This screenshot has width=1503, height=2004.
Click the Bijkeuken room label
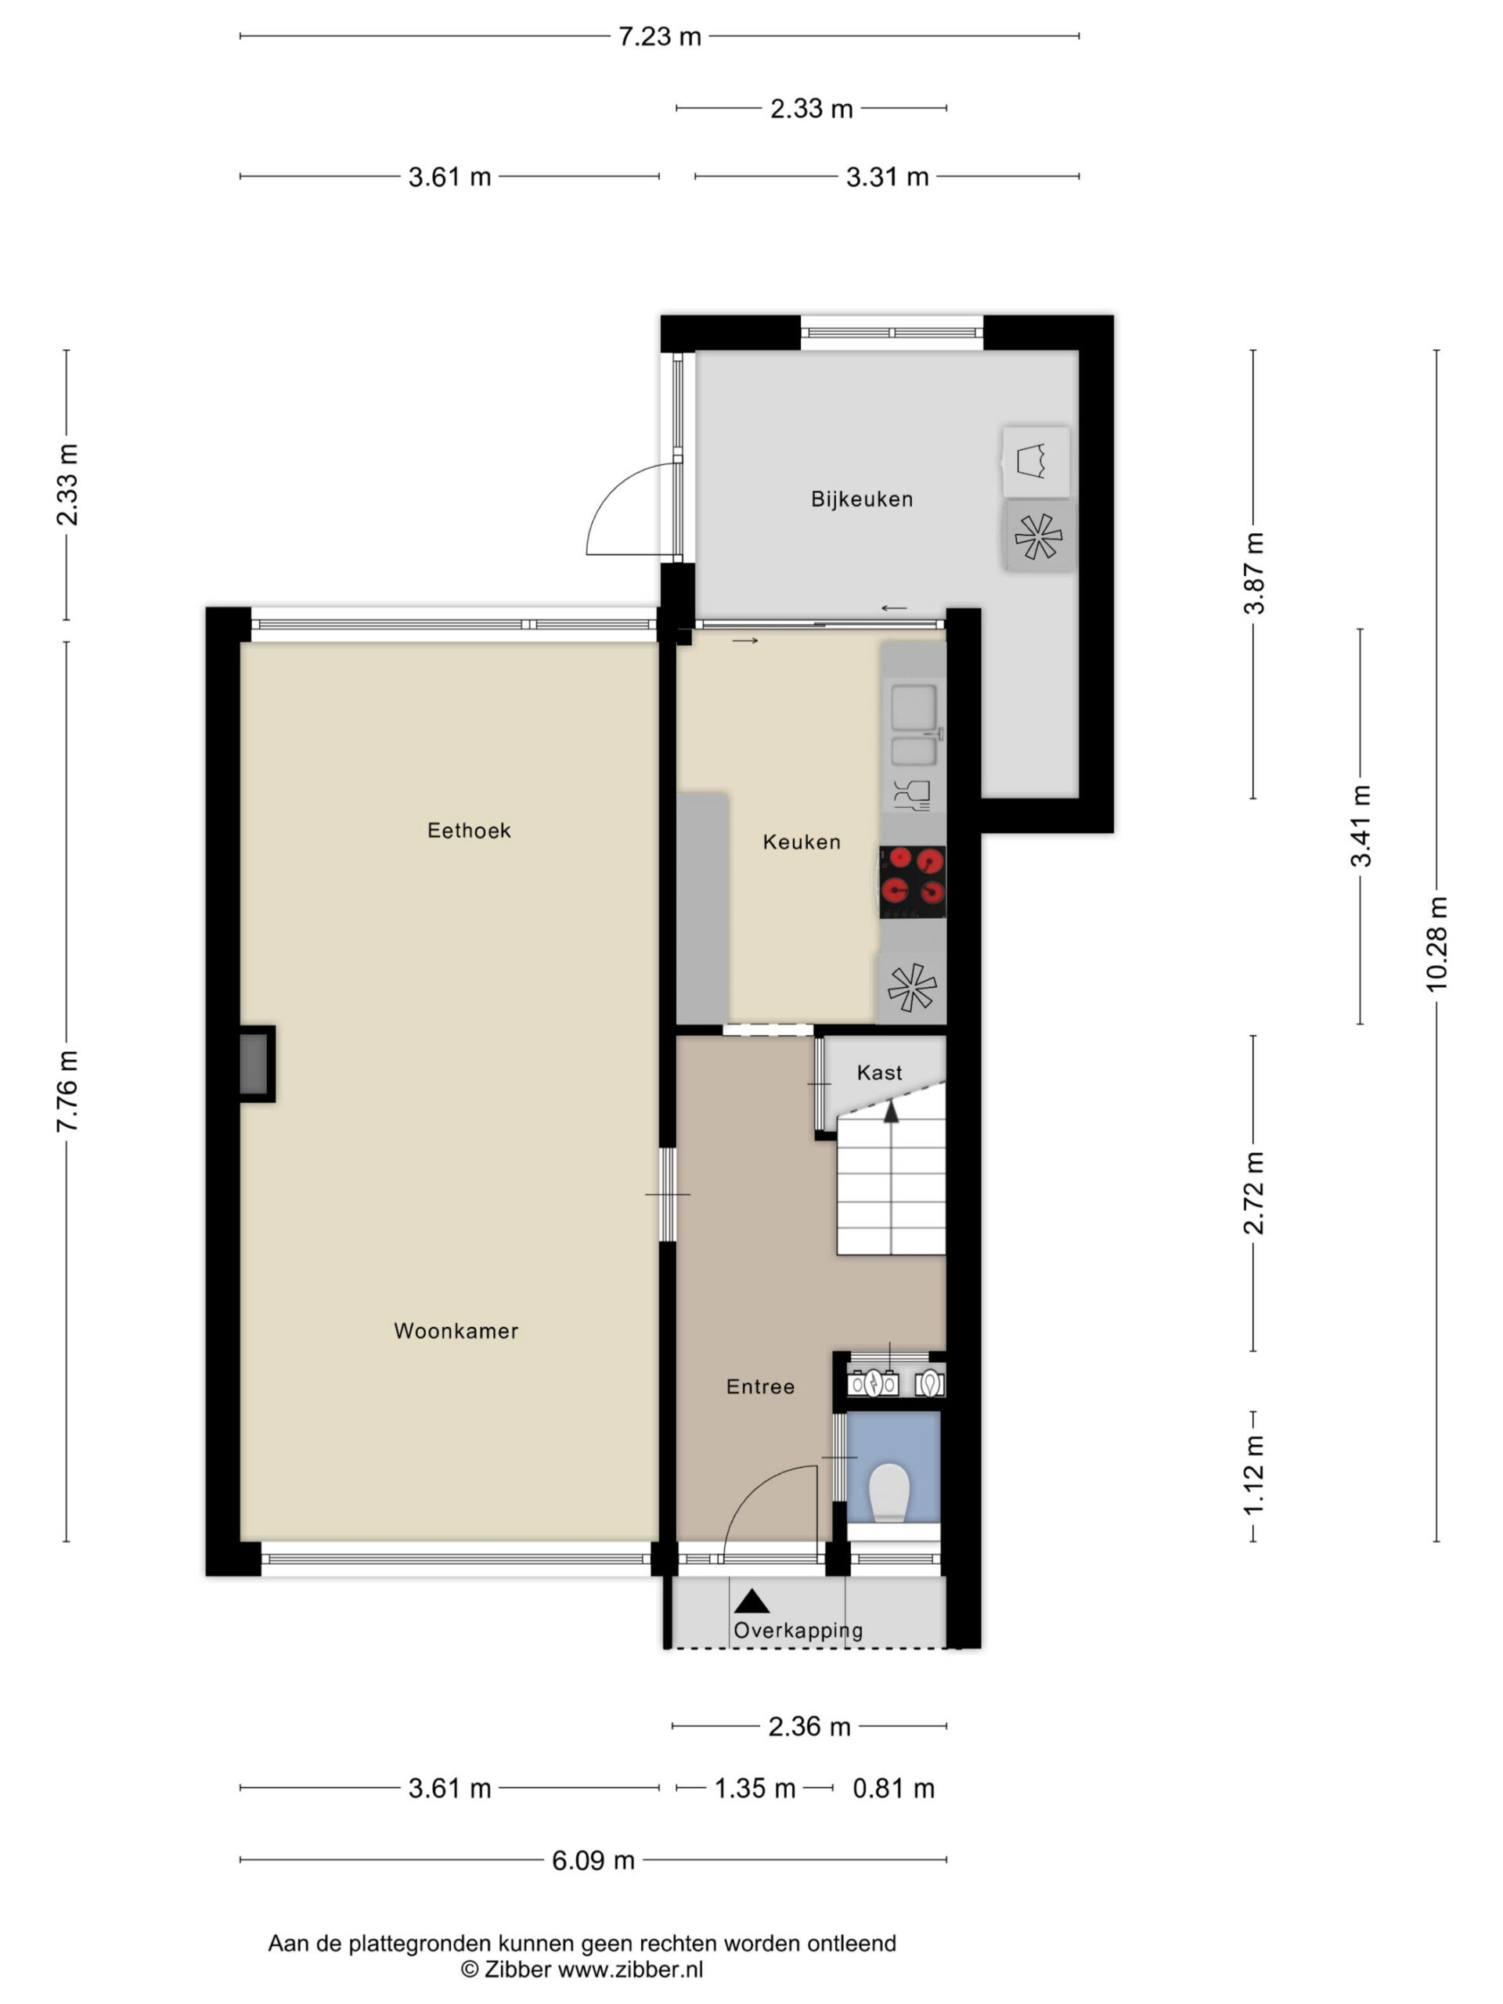point(862,499)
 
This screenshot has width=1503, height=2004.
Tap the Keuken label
point(802,842)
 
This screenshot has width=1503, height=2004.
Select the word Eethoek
point(469,831)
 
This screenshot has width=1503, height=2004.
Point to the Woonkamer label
point(456,1331)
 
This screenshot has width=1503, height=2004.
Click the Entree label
point(760,1386)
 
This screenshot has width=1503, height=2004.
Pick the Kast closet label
point(880,1072)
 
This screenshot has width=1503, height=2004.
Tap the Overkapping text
point(798,1631)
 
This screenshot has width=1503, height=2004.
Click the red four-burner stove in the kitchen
point(912,881)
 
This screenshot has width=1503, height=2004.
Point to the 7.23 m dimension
point(660,36)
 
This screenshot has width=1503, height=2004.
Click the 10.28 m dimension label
point(1437,944)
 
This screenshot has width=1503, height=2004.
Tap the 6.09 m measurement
point(593,1860)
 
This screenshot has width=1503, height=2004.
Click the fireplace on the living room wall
point(258,1065)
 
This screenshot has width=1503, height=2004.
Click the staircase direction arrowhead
point(892,1112)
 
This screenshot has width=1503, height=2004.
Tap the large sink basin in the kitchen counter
point(914,708)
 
